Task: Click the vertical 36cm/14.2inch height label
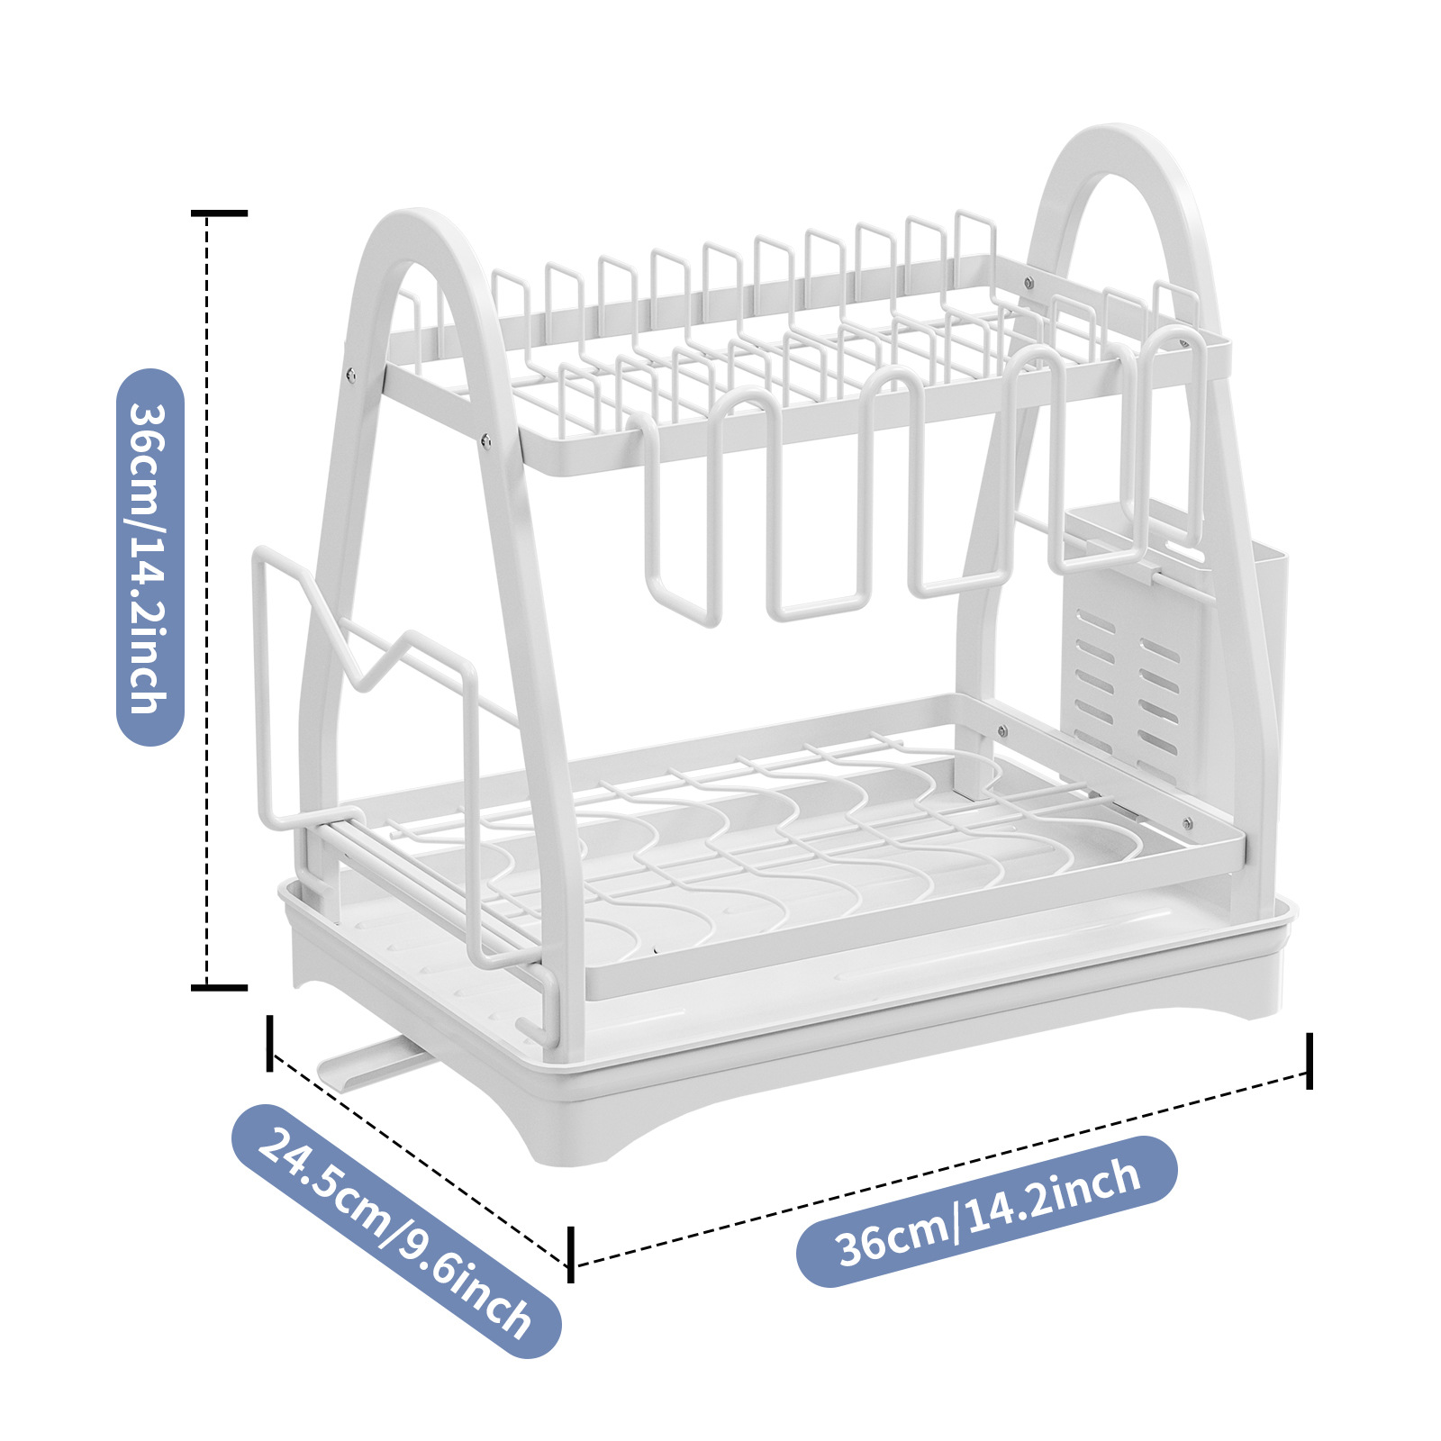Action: click(x=150, y=557)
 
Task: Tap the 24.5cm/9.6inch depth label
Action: click(x=396, y=1230)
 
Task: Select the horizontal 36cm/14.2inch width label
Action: click(x=987, y=1211)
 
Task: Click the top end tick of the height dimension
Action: click(x=219, y=213)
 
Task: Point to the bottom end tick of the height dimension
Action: click(x=219, y=988)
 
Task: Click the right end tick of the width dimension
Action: click(x=1309, y=1061)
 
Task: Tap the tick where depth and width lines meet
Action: click(x=571, y=1254)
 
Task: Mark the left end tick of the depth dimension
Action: click(x=269, y=1043)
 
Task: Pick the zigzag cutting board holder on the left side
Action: click(x=360, y=684)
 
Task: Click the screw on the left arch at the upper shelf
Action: click(x=349, y=373)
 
